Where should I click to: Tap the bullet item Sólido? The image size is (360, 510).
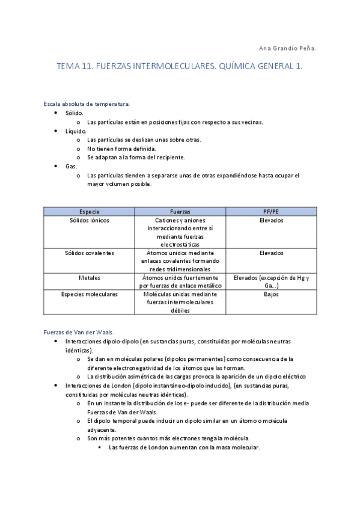74,112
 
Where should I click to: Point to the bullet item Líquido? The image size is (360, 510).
76,131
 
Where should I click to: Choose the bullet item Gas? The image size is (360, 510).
71,166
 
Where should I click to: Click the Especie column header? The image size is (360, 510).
90,212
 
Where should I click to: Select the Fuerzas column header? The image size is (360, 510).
180,212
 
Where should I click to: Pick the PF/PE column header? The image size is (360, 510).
271,212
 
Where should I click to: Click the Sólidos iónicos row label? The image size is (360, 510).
90,220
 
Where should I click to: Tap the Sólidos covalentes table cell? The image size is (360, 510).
90,253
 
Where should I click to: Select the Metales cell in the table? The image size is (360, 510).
90,278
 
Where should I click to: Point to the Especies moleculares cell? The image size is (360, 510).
90,295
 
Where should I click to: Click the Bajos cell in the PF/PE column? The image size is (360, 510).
271,295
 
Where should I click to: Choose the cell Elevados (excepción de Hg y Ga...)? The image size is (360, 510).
271,282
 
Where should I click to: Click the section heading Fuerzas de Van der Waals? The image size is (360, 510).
79,331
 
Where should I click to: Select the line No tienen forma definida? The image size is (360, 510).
121,149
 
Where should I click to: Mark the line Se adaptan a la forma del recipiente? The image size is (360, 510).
135,158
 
